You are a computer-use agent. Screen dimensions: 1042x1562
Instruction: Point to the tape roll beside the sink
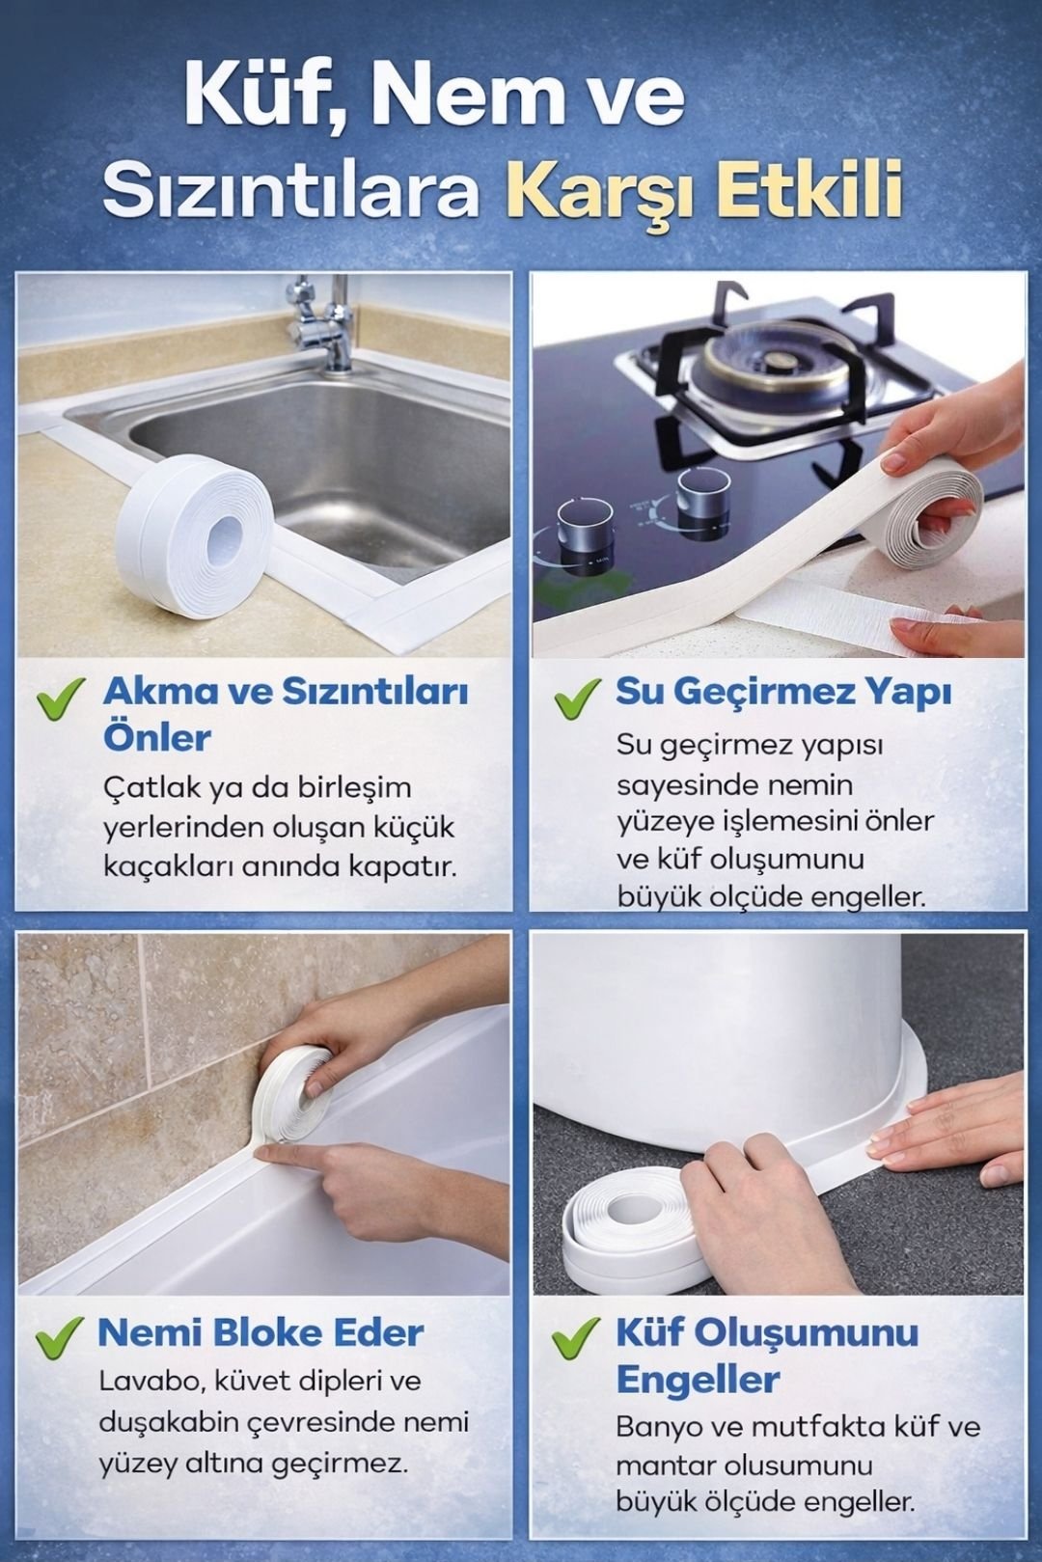(193, 537)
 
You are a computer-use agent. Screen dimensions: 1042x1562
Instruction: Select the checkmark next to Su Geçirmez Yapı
(577, 699)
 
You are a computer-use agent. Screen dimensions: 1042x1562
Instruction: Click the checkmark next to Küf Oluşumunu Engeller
(575, 1337)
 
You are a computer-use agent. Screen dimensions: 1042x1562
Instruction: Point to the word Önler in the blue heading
(157, 738)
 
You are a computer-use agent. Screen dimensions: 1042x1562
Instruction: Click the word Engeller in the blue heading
(698, 1380)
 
